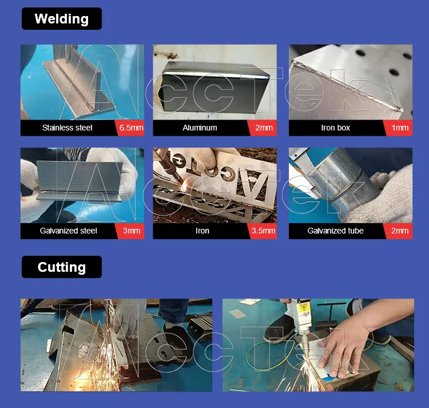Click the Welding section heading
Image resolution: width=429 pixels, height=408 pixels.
[62, 19]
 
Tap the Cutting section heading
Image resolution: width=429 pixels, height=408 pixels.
[62, 267]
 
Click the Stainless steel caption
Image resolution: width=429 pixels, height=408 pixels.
[67, 128]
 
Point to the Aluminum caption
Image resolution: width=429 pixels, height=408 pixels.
[200, 128]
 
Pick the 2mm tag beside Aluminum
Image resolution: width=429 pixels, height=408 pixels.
[263, 128]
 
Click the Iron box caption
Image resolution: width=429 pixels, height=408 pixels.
[335, 128]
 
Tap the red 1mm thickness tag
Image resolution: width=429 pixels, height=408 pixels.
[399, 128]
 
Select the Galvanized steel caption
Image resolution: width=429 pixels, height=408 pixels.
[69, 231]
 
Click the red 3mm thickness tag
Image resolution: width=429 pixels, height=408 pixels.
[131, 231]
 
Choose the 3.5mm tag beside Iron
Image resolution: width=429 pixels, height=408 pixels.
[263, 231]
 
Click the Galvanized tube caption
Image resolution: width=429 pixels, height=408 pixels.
[335, 231]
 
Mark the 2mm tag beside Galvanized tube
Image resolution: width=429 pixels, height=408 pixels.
[399, 231]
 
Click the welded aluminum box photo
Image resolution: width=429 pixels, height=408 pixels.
[214, 82]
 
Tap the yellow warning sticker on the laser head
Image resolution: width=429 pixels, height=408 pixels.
[303, 308]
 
